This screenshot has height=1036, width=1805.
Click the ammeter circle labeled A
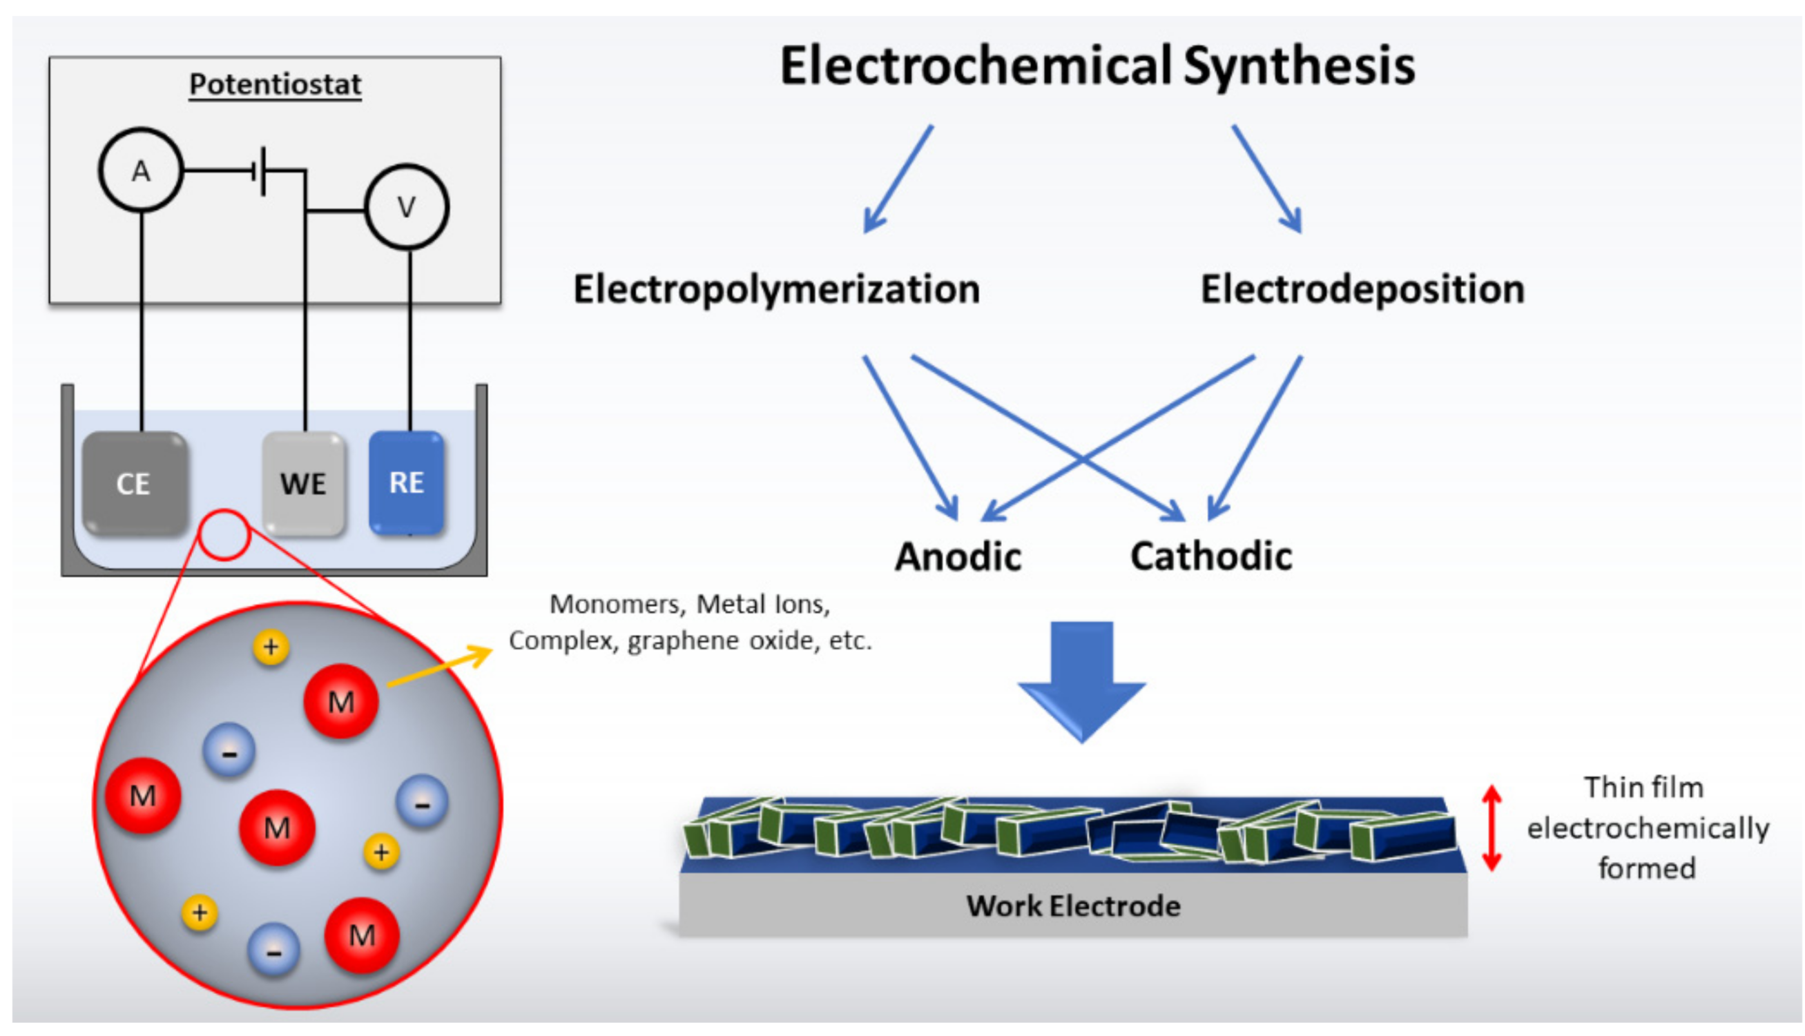click(x=141, y=170)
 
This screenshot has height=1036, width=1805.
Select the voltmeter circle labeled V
click(x=407, y=207)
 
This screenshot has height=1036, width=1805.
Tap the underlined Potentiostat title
click(x=275, y=85)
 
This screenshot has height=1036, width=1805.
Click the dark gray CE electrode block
click(x=135, y=483)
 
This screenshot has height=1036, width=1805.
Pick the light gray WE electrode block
click(x=304, y=483)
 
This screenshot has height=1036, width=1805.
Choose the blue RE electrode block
click(x=407, y=482)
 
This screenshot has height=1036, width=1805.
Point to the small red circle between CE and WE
click(x=224, y=535)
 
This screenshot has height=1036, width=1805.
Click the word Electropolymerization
click(x=777, y=289)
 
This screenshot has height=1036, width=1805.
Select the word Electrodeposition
click(x=1362, y=289)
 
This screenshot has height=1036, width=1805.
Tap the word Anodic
click(x=958, y=556)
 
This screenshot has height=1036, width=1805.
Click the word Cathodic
click(x=1210, y=556)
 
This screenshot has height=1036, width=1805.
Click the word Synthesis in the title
click(x=1299, y=66)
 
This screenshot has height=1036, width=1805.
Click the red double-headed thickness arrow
click(x=1491, y=828)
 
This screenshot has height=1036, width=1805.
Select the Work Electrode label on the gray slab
click(x=1072, y=906)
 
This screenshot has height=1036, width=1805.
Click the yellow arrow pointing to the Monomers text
click(x=440, y=667)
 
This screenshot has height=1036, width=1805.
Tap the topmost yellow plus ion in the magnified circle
click(x=271, y=647)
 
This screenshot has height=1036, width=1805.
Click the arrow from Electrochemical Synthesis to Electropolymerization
click(x=898, y=179)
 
